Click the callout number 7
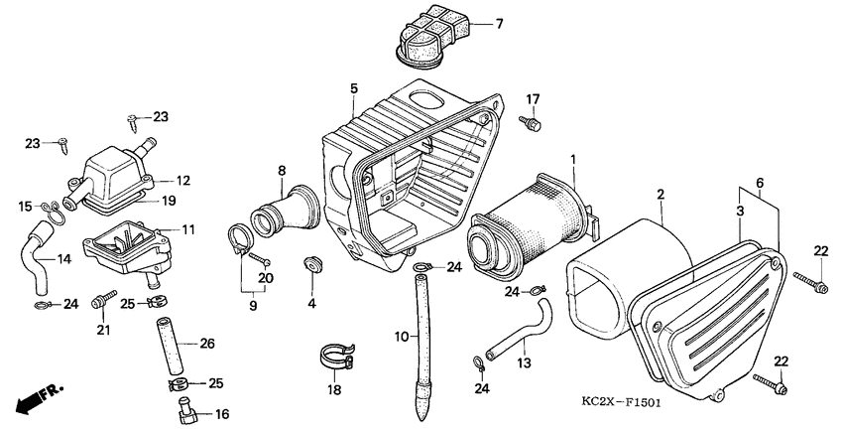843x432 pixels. tap(498, 23)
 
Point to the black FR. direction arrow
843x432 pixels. tap(34, 400)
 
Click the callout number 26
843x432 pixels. tap(207, 345)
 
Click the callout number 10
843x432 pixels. tap(401, 337)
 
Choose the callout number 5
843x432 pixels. tap(353, 88)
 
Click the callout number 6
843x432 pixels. tap(761, 184)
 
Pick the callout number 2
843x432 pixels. tap(661, 195)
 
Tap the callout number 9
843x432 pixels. tap(252, 305)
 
